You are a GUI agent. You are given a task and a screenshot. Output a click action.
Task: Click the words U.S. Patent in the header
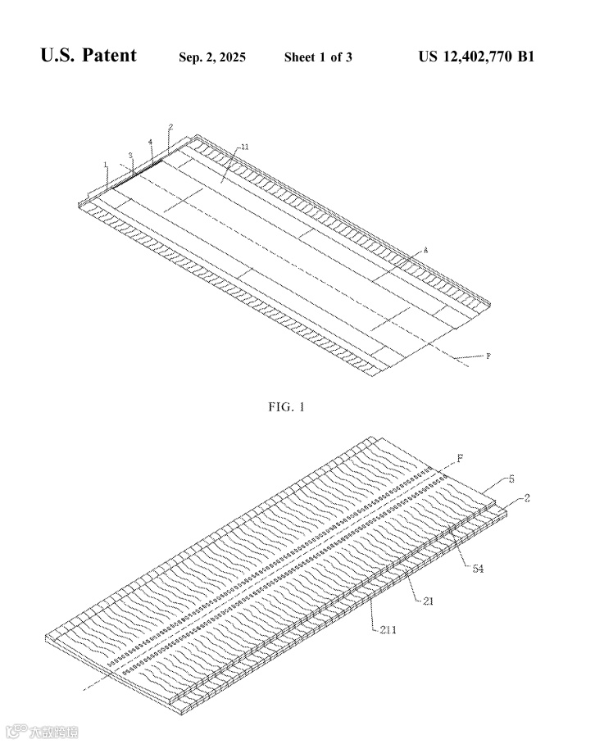point(89,57)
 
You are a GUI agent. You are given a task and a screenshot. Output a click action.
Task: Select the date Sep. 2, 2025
point(212,57)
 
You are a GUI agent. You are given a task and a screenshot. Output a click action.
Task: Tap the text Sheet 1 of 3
point(318,57)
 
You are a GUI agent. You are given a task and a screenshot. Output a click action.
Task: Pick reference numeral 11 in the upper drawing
point(246,146)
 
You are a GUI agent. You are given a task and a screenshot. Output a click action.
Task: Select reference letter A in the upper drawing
point(425,250)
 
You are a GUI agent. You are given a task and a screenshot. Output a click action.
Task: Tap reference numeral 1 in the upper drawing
point(106,164)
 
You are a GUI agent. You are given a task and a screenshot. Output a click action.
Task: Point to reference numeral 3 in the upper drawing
point(130,154)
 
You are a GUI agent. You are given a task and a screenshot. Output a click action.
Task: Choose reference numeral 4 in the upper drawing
point(150,142)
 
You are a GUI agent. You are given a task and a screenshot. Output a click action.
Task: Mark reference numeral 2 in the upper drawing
point(170,127)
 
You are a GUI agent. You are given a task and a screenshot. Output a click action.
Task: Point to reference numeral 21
point(429,600)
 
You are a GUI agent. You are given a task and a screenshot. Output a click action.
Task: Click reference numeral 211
point(391,629)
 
